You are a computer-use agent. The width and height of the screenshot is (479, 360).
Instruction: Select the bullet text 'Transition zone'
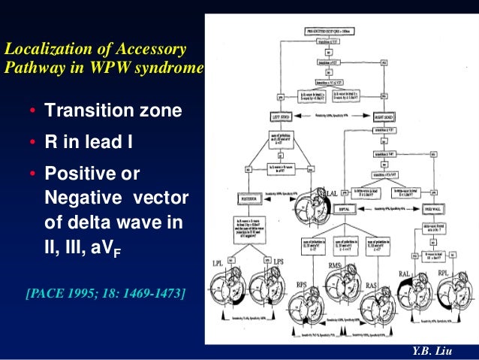pyautogui.click(x=113, y=111)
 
